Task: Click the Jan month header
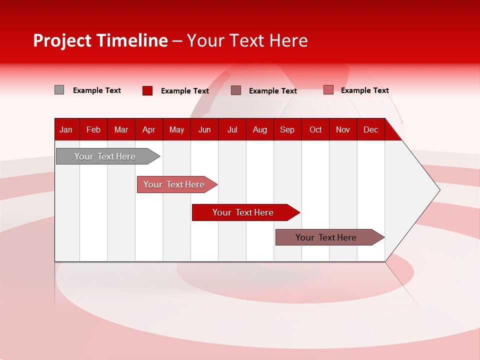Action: click(x=66, y=129)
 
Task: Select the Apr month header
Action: click(x=148, y=129)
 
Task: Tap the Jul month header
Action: click(x=232, y=129)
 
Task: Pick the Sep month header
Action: click(x=287, y=129)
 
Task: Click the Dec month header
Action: click(x=370, y=129)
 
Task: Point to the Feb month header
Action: click(x=93, y=129)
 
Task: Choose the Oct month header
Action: click(x=315, y=129)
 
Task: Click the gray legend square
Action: click(x=59, y=90)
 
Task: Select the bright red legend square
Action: click(x=147, y=90)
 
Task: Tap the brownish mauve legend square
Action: click(x=236, y=90)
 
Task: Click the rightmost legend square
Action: click(x=328, y=90)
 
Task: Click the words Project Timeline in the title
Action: click(x=100, y=40)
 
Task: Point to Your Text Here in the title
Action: click(x=247, y=40)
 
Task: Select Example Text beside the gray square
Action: click(x=97, y=90)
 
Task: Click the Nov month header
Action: click(x=343, y=129)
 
